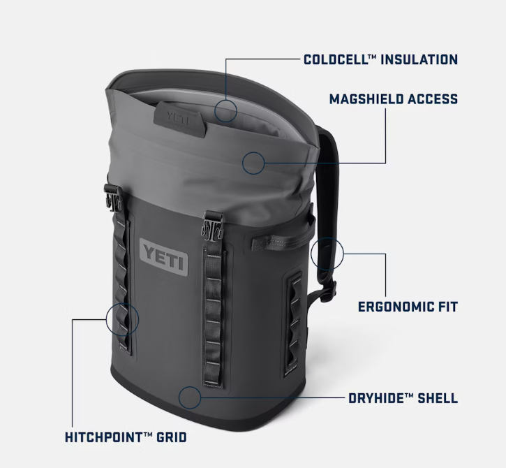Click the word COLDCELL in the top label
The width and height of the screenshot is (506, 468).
[336, 60]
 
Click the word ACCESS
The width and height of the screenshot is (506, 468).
[433, 99]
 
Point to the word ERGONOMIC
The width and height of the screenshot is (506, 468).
[394, 307]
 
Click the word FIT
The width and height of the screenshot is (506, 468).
[447, 307]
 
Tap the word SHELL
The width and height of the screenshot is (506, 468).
[438, 398]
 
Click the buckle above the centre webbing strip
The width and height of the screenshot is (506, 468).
[212, 226]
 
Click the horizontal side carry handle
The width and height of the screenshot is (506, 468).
[280, 240]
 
